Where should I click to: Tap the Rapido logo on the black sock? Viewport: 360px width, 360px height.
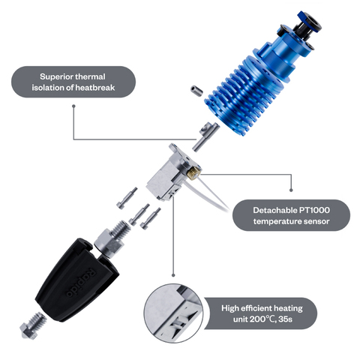pyautogui.click(x=81, y=283)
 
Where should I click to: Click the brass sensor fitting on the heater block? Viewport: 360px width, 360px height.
pyautogui.click(x=193, y=172)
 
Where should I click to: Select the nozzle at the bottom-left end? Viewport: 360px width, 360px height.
pyautogui.click(x=33, y=325)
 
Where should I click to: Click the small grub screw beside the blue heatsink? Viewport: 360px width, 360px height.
pyautogui.click(x=196, y=91)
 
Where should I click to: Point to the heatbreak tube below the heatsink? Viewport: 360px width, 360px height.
pyautogui.click(x=205, y=136)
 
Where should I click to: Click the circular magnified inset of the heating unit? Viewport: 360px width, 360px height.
pyautogui.click(x=173, y=313)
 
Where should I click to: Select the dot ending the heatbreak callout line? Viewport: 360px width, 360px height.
pyautogui.click(x=73, y=106)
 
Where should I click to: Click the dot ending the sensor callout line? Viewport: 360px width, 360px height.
pyautogui.click(x=291, y=190)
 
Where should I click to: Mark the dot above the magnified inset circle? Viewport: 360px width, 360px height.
pyautogui.click(x=173, y=275)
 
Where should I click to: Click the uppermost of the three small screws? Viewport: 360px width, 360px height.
pyautogui.click(x=127, y=198)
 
